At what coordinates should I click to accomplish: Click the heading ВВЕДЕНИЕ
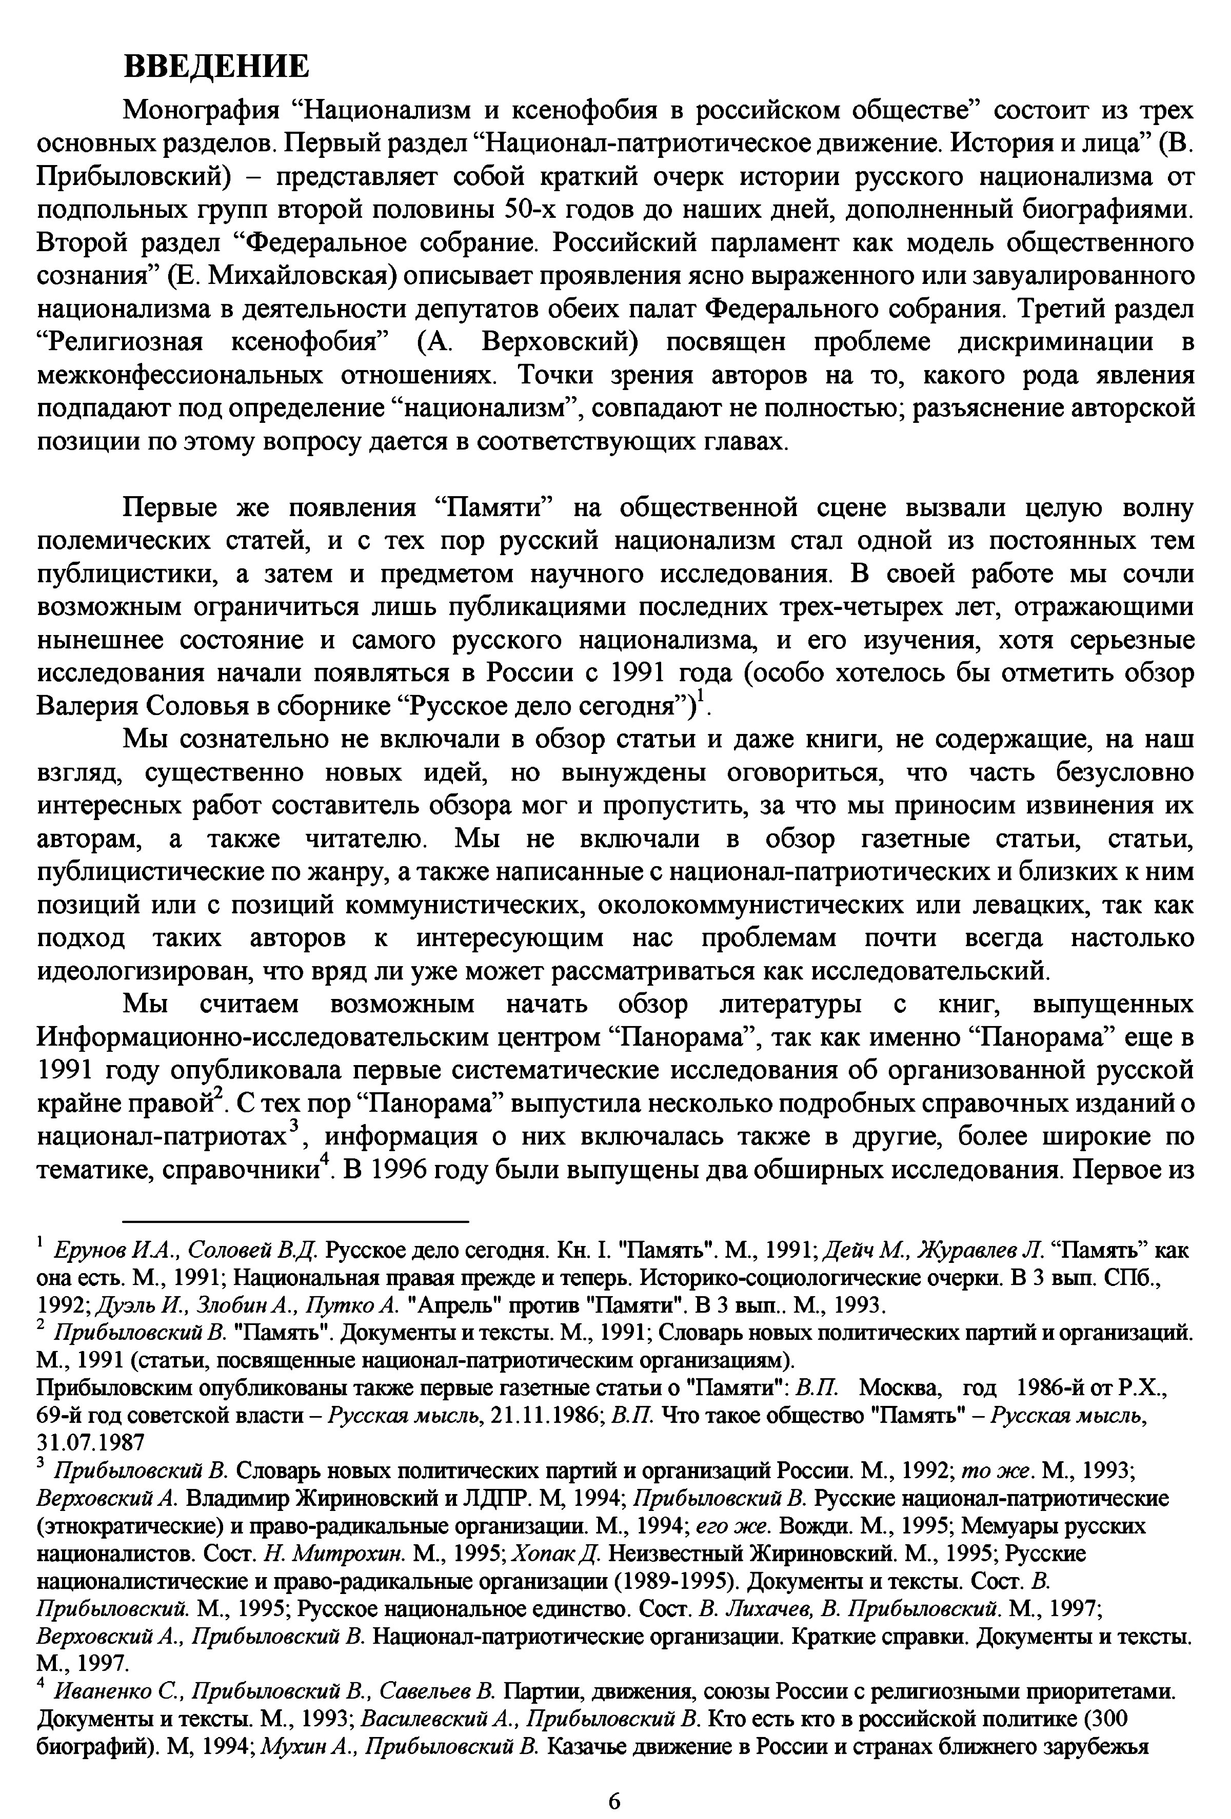(x=217, y=67)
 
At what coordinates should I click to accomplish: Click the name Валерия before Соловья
(x=86, y=706)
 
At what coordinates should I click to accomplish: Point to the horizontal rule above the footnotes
(x=296, y=1221)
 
